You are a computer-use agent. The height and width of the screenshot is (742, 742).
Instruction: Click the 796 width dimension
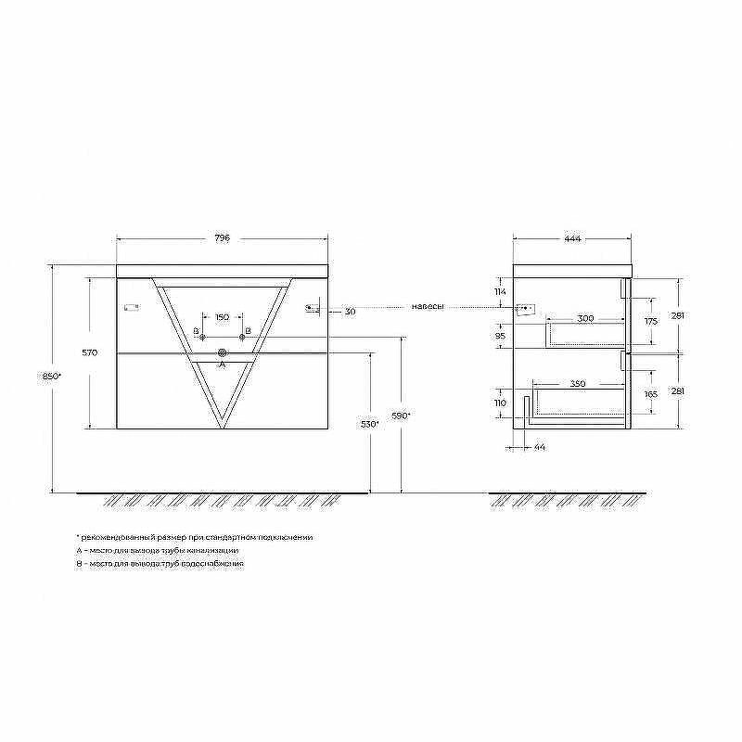(222, 238)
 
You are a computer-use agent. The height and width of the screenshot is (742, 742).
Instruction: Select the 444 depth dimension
(572, 238)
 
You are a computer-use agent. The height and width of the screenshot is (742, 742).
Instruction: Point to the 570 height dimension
(91, 353)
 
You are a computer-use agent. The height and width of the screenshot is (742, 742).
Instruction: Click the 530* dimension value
(370, 424)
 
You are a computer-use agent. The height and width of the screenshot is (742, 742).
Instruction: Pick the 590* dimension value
(401, 416)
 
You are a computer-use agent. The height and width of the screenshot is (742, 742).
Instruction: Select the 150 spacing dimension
(222, 317)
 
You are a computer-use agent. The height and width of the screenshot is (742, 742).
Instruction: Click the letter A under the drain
(221, 365)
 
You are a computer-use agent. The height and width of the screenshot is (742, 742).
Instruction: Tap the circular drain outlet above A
(222, 352)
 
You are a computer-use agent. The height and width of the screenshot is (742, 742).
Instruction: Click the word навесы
(428, 307)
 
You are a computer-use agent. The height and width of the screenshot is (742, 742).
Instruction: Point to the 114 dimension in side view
(499, 293)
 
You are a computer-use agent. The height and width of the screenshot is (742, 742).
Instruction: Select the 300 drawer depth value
(584, 318)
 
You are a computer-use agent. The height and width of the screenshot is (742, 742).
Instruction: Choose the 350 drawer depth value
(577, 383)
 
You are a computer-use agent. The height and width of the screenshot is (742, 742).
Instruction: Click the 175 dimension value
(650, 321)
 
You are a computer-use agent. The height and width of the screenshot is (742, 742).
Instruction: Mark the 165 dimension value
(650, 394)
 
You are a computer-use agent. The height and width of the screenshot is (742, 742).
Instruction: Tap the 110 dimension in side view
(499, 404)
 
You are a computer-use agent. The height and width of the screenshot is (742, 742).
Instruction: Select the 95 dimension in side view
(499, 336)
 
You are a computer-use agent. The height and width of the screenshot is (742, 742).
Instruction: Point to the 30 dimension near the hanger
(350, 312)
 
